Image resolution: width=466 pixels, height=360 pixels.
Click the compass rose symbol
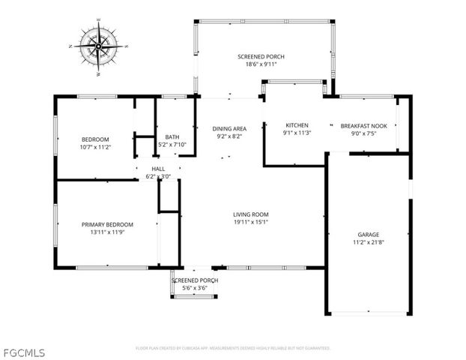98,46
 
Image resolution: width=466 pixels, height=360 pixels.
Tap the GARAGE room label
368,233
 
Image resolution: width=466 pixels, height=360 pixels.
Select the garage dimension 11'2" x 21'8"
368,242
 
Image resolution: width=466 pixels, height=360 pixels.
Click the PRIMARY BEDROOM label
108,224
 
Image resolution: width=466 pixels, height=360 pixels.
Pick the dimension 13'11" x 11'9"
108,232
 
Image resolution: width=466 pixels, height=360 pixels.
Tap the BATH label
172,136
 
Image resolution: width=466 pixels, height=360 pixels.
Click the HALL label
158,169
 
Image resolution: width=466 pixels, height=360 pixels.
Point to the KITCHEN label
297,125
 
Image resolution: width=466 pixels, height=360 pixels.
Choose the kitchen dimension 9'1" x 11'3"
297,134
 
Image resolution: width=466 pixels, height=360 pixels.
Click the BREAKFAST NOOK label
363,126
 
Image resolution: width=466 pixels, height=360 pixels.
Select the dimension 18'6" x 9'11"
261,65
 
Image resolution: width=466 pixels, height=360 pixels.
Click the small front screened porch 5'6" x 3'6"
195,284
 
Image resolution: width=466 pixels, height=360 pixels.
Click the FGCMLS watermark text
23,351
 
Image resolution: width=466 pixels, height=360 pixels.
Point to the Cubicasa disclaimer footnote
233,348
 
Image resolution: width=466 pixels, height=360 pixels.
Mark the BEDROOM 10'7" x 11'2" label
96,143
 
